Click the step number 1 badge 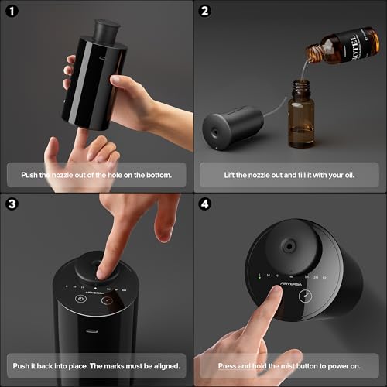[12, 12]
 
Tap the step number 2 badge [205, 12]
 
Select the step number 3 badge [12, 204]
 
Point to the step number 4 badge [205, 204]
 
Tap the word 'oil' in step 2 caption [349, 175]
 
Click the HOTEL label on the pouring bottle [355, 47]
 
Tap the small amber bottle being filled [301, 114]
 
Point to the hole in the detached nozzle [214, 133]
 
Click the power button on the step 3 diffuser [80, 299]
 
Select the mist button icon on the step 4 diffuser [305, 296]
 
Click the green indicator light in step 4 [259, 278]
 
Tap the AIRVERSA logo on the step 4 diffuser [291, 284]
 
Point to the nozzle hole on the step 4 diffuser [289, 247]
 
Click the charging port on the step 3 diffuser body [92, 331]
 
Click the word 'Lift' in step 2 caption [229, 175]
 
